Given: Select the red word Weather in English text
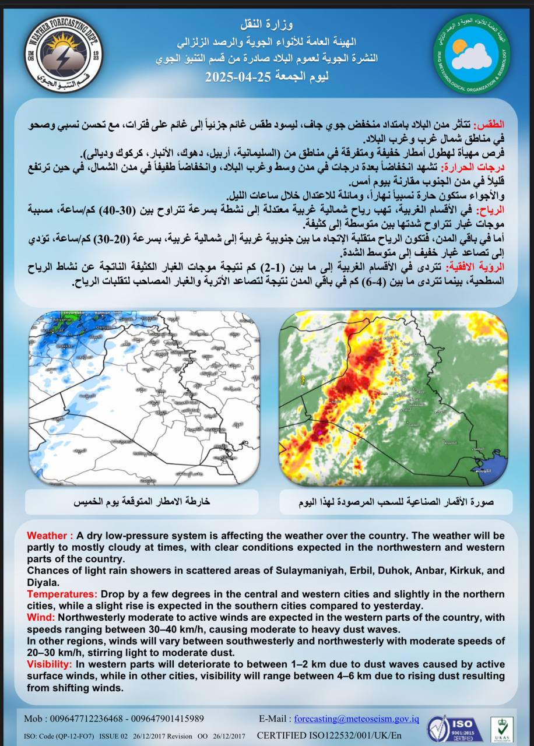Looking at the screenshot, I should [x=49, y=536].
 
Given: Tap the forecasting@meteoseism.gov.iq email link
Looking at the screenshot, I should [x=356, y=719].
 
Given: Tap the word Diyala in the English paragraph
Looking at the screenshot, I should [x=43, y=582].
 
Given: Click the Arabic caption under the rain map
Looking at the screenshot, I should [x=140, y=501].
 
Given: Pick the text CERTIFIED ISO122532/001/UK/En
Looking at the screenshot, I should [x=329, y=736].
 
